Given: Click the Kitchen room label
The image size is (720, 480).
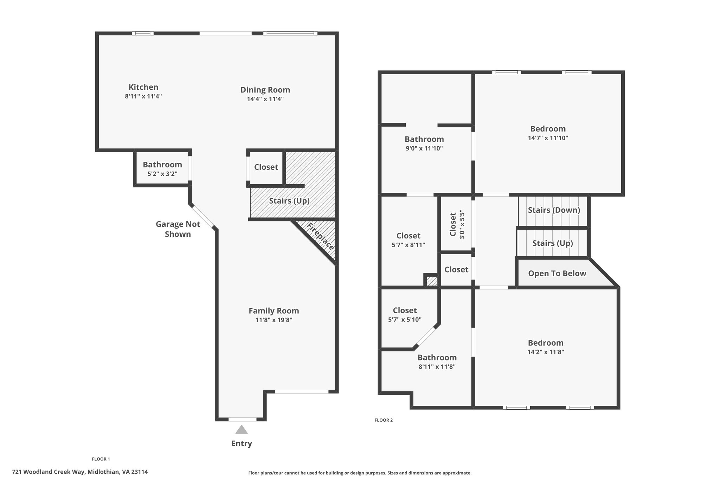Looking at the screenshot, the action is (x=143, y=87).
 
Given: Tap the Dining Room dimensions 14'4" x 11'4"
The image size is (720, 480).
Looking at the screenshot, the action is (x=265, y=99).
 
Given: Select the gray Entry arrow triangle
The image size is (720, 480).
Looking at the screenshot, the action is (x=242, y=429).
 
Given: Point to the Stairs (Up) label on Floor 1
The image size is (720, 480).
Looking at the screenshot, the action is (x=289, y=201).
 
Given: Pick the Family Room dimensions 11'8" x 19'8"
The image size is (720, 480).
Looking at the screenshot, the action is (x=274, y=320).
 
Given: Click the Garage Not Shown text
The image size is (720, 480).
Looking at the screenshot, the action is (x=178, y=229).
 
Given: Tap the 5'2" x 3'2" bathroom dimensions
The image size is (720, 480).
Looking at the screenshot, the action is (x=162, y=174).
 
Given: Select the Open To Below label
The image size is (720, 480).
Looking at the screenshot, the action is (x=557, y=273).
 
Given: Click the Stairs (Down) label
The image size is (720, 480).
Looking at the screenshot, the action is (x=554, y=210).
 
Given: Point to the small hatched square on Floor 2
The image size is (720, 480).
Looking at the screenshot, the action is (x=432, y=281).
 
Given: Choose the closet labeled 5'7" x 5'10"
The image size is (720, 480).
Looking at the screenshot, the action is (x=405, y=315).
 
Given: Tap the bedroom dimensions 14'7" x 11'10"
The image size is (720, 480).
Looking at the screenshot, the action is (x=548, y=138).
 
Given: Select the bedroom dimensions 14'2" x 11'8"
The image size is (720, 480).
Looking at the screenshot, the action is (x=546, y=352).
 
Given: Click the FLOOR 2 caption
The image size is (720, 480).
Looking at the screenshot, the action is (x=384, y=420).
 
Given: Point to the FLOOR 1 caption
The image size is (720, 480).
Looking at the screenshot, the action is (x=101, y=459).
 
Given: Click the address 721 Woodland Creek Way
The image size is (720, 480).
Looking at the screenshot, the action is (x=49, y=472).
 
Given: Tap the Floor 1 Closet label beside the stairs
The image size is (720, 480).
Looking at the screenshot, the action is (x=266, y=167).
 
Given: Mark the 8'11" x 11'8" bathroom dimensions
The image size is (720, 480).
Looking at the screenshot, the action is (x=437, y=367).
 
